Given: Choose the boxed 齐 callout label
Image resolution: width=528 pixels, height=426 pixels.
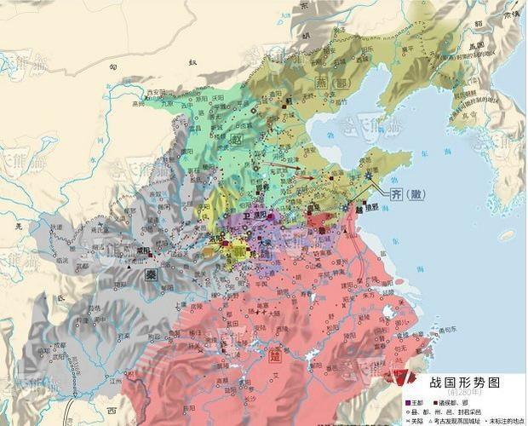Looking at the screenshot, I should (397, 195).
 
